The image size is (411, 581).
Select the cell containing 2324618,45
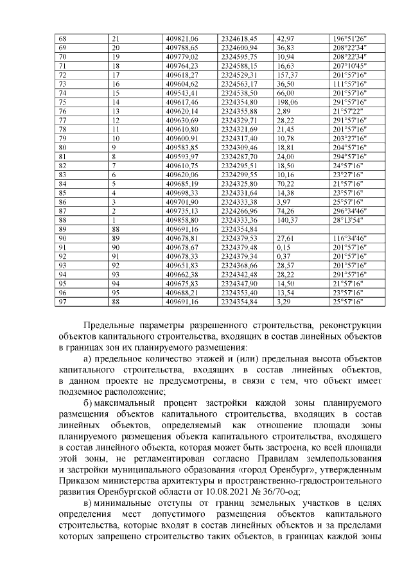point(239,39)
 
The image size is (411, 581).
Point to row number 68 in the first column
point(62,39)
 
